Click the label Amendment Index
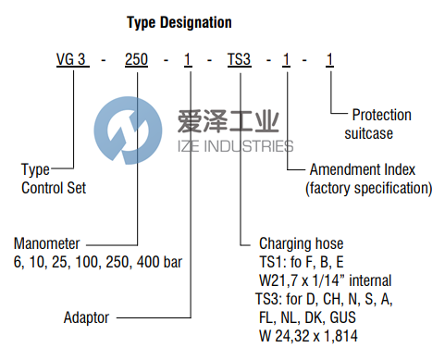point(362,170)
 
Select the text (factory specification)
point(368,188)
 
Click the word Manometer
point(47,244)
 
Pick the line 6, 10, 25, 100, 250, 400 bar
point(97,262)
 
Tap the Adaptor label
point(86,317)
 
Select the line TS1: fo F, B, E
point(293,262)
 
